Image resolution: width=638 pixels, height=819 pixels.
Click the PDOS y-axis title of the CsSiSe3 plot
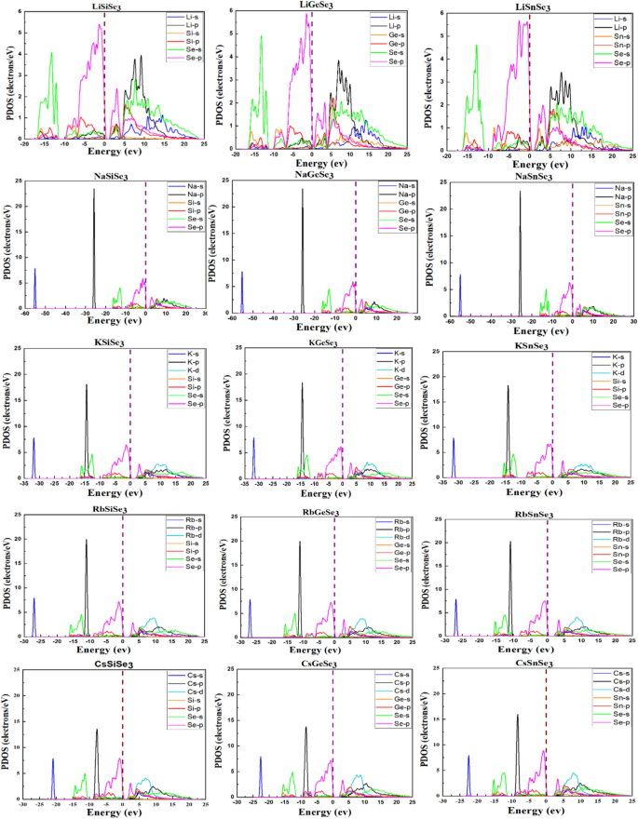(8, 735)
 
